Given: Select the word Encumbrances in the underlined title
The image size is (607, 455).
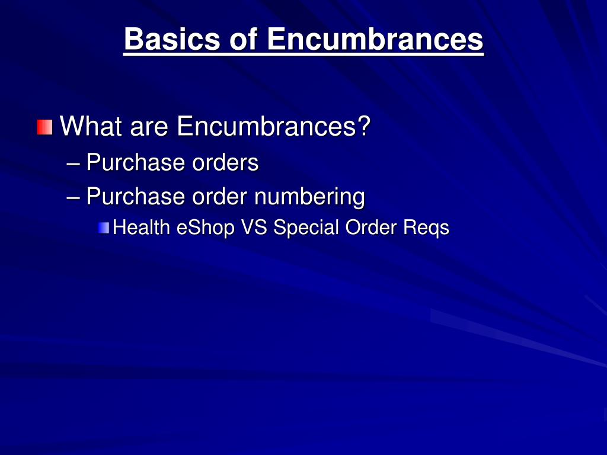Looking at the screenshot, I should click(x=375, y=40).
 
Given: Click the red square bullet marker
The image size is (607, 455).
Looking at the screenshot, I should click(x=44, y=127).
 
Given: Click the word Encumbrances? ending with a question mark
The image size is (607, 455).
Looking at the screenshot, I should click(x=273, y=126).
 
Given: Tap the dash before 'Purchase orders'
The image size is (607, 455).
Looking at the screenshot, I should click(x=74, y=162).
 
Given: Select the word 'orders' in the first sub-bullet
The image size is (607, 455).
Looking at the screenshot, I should click(x=225, y=162).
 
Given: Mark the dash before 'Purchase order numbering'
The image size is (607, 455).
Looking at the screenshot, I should click(x=74, y=196).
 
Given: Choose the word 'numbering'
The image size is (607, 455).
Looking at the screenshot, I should click(x=309, y=196).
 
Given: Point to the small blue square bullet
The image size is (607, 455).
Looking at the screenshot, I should click(x=104, y=227).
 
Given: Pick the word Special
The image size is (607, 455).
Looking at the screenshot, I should click(x=306, y=227).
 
